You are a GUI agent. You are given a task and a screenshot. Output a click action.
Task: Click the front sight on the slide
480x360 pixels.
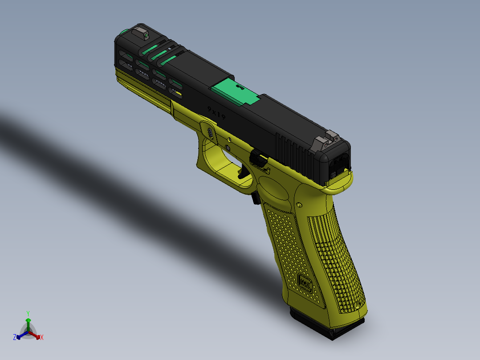tap(142, 33)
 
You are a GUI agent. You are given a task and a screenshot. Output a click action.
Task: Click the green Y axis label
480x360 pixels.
tap(28, 313)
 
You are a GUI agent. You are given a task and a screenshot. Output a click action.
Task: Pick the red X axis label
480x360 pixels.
tap(42, 338)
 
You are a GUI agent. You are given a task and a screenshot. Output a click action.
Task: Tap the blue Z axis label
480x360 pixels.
tap(14, 338)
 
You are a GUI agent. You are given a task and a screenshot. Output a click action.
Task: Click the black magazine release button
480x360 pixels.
tap(256, 197)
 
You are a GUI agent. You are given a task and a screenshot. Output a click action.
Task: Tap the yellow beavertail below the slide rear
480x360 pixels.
tap(341, 184)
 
